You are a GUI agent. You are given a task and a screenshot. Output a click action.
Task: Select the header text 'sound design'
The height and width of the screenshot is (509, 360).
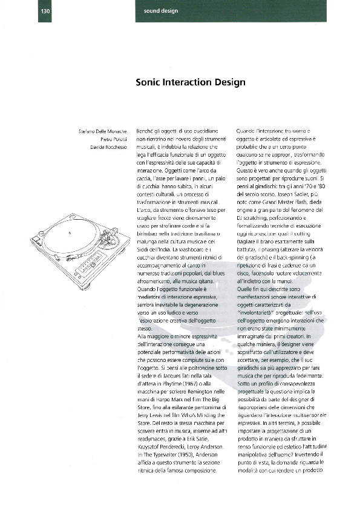[x=160, y=11]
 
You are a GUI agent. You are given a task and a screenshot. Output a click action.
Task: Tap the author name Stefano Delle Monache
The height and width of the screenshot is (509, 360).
[x=103, y=131]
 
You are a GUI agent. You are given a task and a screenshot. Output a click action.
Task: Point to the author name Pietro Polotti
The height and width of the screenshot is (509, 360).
[x=111, y=139]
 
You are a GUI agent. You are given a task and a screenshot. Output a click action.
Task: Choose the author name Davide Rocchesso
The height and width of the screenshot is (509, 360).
[x=109, y=148]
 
